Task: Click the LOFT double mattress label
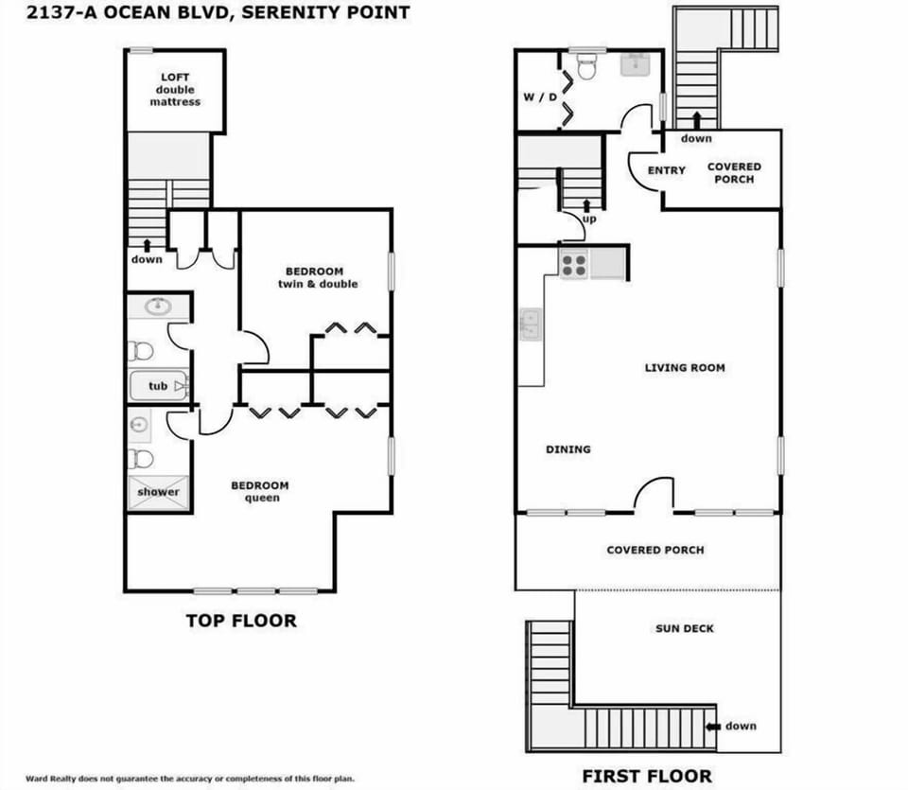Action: (175, 90)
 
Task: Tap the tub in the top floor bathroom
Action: (159, 386)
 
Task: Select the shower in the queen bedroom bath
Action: (158, 492)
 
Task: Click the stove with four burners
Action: (573, 264)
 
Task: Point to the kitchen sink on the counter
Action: (530, 325)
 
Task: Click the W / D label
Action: (540, 97)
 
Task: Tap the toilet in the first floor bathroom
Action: (586, 67)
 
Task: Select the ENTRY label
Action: (666, 170)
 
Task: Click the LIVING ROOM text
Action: (685, 367)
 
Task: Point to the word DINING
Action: (567, 449)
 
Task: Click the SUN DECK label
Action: (685, 628)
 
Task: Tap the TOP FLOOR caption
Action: (240, 621)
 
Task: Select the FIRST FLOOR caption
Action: (647, 776)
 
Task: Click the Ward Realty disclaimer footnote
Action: (189, 779)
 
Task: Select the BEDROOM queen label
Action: (260, 491)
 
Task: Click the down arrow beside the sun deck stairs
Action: (713, 726)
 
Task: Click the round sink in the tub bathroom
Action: (158, 306)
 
